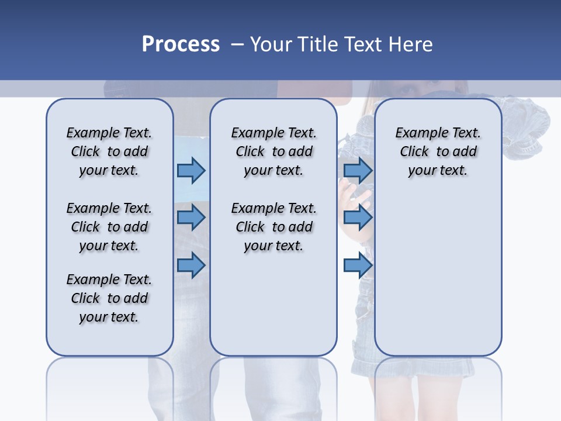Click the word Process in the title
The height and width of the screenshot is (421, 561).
181,44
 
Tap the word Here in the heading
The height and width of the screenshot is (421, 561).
411,44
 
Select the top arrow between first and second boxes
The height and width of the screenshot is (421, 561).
191,170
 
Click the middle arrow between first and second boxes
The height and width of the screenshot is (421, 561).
191,218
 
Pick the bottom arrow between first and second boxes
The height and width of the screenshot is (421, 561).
191,265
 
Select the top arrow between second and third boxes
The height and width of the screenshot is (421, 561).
358,170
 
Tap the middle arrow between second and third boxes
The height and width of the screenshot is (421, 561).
358,218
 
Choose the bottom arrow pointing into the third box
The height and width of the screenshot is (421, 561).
358,265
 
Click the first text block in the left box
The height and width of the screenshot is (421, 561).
109,151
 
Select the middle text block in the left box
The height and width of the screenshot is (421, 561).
109,227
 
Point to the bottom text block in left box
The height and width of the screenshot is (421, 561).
109,298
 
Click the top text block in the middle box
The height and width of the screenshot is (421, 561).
273,151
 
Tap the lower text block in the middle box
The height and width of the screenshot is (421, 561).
273,227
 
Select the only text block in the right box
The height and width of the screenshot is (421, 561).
438,151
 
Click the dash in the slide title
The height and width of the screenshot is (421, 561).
237,44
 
